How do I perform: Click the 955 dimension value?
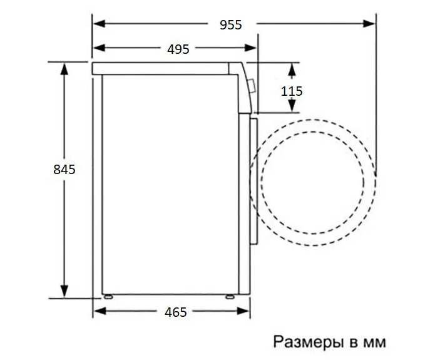(x=231, y=25)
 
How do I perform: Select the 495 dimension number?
(x=178, y=49)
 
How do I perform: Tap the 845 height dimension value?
(x=64, y=170)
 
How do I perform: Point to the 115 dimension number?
(x=292, y=91)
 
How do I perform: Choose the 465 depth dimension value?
(x=176, y=312)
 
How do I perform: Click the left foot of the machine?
(x=108, y=296)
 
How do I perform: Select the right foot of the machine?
(x=230, y=296)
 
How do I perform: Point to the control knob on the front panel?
(x=252, y=86)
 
